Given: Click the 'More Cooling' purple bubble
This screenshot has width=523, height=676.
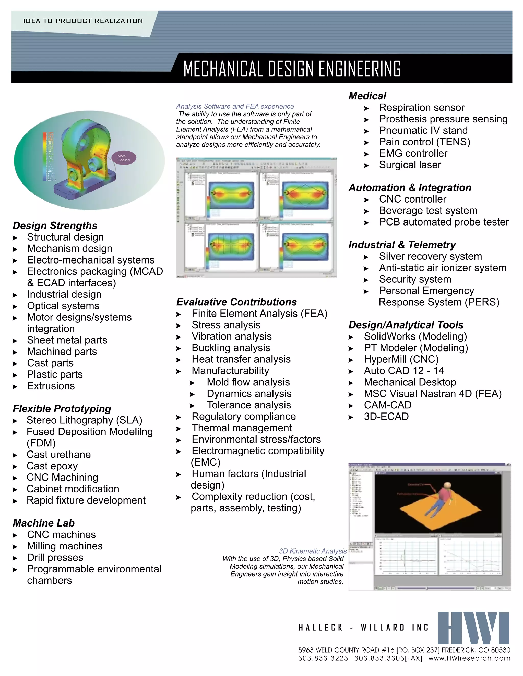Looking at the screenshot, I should tap(123, 158).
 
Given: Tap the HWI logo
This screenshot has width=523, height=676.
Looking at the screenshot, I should tap(473, 628).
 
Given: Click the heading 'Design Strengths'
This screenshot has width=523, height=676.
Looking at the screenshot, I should tap(55, 226).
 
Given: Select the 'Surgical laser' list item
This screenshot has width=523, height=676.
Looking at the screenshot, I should tap(410, 165).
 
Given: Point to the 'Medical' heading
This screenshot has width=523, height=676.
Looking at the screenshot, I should tap(367, 96).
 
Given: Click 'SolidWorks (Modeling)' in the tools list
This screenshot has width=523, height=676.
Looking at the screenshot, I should tap(415, 336).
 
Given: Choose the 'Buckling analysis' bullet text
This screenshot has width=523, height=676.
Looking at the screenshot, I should tap(231, 348).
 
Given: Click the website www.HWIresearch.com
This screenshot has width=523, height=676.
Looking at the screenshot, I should tap(469, 658).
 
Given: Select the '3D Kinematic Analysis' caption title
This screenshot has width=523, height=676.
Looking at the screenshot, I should tap(313, 551).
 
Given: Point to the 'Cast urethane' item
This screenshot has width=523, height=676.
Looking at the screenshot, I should tap(58, 455).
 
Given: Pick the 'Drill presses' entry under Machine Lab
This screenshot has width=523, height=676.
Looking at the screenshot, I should tap(55, 558).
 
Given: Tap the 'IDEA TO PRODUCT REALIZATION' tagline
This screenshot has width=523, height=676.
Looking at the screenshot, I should tap(83, 21).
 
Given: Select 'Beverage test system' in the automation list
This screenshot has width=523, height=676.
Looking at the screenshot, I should tap(428, 211).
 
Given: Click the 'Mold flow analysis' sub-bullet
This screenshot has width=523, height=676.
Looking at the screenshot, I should tap(248, 382).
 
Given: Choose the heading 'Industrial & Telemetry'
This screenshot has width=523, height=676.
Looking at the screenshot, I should tap(402, 245).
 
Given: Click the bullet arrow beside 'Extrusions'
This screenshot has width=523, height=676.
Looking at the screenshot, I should tap(15, 386).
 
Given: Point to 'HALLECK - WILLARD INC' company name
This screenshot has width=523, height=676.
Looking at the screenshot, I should tap(363, 628).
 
